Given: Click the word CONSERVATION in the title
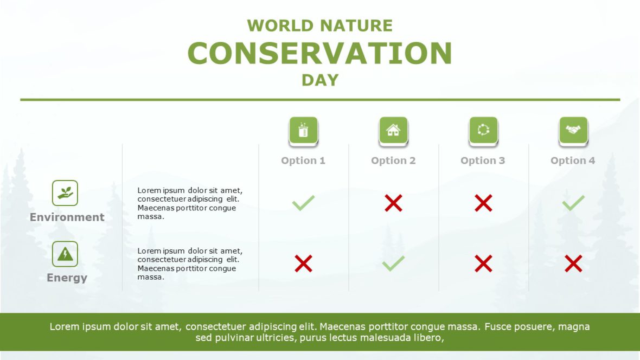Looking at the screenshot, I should [x=319, y=53].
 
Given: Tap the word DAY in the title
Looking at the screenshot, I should [x=320, y=80].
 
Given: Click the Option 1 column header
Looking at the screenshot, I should [x=303, y=160].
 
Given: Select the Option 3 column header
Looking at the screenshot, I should [x=483, y=160].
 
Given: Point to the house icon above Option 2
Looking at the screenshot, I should [x=393, y=131].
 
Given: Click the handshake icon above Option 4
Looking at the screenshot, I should [x=573, y=131].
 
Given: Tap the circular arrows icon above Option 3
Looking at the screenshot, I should [x=483, y=131].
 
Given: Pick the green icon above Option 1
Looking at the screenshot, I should [x=303, y=131].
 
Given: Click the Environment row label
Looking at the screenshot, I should [x=67, y=217].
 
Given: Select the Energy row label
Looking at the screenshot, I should [x=67, y=278].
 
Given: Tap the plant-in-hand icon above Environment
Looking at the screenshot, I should [x=65, y=193].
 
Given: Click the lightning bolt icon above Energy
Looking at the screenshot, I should [x=65, y=254].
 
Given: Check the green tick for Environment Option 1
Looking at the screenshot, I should [x=303, y=203].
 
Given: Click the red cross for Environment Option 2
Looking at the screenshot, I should [x=393, y=203].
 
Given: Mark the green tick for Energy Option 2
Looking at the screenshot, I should [x=393, y=264].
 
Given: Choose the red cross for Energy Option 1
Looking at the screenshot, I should [x=303, y=264].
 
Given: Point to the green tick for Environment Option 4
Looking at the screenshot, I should [x=573, y=203].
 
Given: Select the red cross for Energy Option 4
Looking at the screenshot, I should [x=573, y=264].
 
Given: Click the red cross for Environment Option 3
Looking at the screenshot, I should [x=483, y=203].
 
